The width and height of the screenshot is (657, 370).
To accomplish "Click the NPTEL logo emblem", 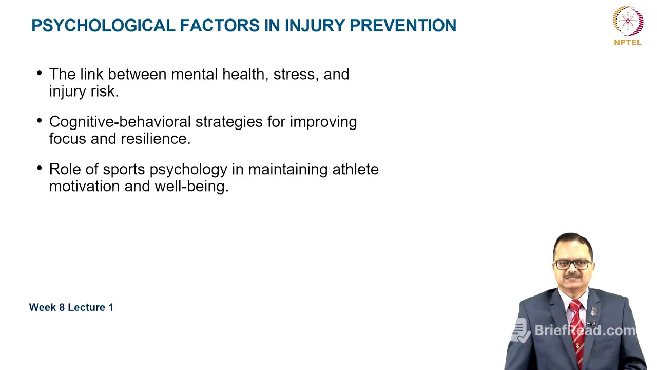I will [x=627, y=21].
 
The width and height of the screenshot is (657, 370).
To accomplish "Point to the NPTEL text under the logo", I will [x=627, y=43].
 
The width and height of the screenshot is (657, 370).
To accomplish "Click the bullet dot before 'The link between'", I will [x=40, y=73].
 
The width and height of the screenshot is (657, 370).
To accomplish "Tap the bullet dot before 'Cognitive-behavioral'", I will [x=40, y=121].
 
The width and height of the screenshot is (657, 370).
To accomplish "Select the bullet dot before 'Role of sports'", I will [x=40, y=168].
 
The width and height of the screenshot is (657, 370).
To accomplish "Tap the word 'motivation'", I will [x=85, y=186].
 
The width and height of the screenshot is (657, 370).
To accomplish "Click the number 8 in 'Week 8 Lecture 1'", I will [x=61, y=307].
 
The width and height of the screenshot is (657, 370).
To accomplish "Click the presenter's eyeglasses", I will [x=573, y=264].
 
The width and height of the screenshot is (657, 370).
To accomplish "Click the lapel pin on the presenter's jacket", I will [x=594, y=311].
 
